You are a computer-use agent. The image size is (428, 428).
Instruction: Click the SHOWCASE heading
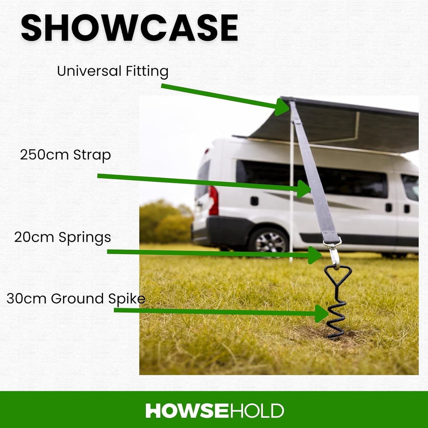(x=129, y=28)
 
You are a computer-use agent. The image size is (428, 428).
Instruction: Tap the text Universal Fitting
(x=113, y=71)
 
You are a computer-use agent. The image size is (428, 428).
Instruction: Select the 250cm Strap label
(x=65, y=155)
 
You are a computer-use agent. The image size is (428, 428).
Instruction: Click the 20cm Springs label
(x=62, y=237)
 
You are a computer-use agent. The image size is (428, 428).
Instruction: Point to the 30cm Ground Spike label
(x=76, y=299)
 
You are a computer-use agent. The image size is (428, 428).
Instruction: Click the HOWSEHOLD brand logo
(x=214, y=411)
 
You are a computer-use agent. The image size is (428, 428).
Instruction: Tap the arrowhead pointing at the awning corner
(x=282, y=107)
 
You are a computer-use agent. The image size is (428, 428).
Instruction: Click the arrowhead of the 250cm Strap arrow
(x=304, y=189)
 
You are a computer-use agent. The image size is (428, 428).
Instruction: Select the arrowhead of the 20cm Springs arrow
(x=315, y=255)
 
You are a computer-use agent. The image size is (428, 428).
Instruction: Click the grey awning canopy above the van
(x=341, y=124)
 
